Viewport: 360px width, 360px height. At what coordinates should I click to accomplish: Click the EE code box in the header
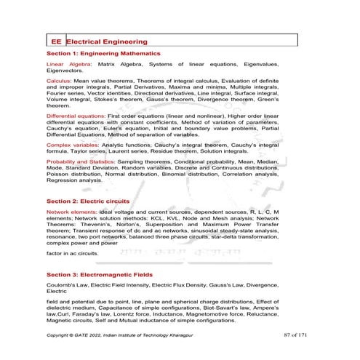(55, 41)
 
